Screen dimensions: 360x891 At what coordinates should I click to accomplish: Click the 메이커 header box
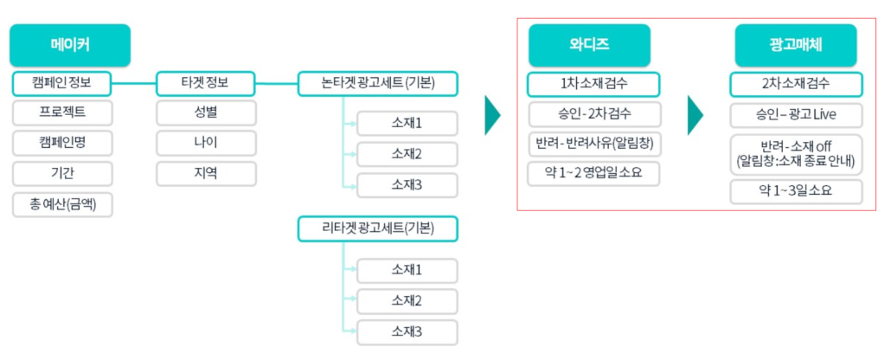(70, 46)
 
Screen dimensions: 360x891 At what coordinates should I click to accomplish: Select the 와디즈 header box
(589, 46)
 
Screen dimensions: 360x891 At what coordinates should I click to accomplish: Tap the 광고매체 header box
(796, 46)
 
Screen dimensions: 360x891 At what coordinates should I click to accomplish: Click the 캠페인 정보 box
(62, 84)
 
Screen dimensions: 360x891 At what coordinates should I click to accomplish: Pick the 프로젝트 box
(62, 113)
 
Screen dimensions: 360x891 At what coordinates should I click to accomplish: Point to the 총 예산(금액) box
(62, 204)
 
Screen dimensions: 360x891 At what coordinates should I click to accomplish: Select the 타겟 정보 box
(206, 84)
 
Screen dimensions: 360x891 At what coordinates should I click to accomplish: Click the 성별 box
(206, 113)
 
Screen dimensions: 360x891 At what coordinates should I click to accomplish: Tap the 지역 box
(206, 173)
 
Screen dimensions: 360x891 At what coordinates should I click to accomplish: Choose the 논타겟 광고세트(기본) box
(377, 84)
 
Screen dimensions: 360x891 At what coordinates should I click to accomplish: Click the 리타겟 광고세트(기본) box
(377, 228)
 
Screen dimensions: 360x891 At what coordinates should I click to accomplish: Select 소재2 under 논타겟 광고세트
(407, 155)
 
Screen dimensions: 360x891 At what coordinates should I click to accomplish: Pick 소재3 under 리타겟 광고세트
(407, 331)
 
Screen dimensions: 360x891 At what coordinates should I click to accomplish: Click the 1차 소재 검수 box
(593, 84)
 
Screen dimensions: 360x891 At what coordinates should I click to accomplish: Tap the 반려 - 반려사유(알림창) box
(593, 144)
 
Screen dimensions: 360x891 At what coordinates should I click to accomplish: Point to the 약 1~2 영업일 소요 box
(593, 173)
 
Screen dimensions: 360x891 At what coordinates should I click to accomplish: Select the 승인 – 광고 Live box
(796, 114)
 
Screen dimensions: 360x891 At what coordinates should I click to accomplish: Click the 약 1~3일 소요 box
(796, 191)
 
